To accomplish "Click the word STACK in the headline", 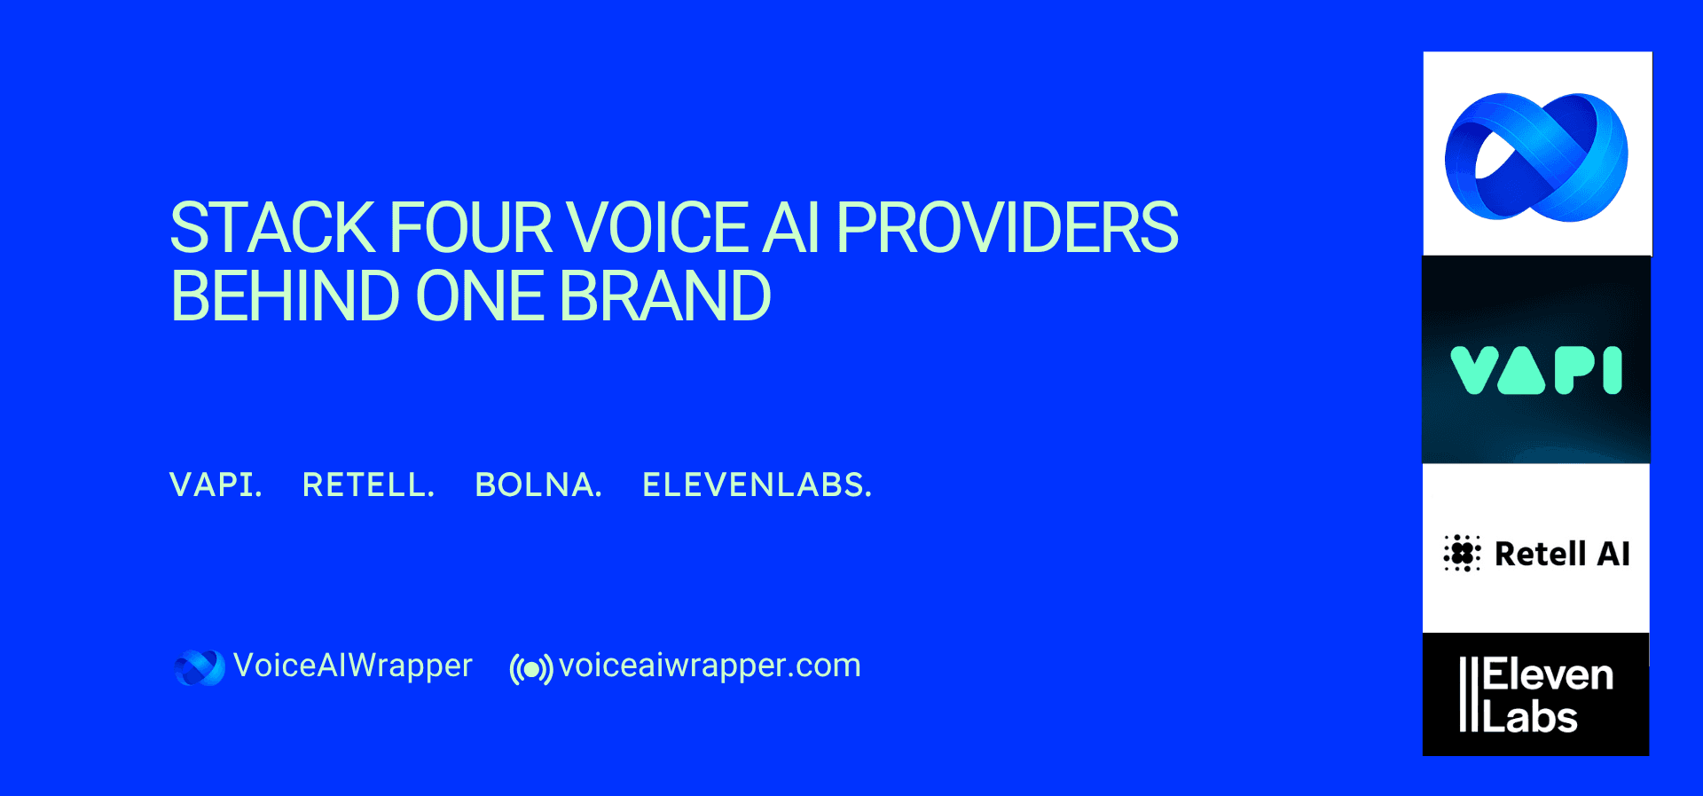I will click(x=272, y=228).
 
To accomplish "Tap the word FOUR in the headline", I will click(x=471, y=228).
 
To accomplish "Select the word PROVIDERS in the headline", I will click(x=1007, y=228).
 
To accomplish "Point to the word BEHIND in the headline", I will click(x=285, y=296).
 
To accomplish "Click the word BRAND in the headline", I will click(x=664, y=296).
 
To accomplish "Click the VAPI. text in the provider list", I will click(x=216, y=485).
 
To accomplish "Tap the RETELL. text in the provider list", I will click(x=368, y=485).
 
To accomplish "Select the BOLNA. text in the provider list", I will click(x=538, y=485).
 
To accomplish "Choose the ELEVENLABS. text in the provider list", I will click(x=757, y=485).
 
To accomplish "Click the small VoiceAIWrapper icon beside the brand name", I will click(x=200, y=667).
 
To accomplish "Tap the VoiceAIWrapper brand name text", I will click(x=352, y=666).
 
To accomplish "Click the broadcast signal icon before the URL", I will click(x=531, y=668).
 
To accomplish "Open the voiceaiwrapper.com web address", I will click(x=710, y=666).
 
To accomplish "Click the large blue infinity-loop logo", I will click(x=1536, y=157).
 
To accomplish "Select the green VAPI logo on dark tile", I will click(x=1536, y=370).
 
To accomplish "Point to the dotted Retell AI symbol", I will click(x=1462, y=554).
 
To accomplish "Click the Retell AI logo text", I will click(x=1562, y=554).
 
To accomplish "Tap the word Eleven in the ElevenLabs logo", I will click(x=1548, y=676).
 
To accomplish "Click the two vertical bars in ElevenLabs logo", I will click(x=1469, y=695).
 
